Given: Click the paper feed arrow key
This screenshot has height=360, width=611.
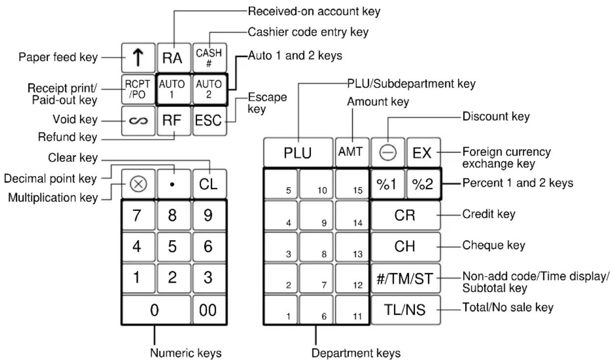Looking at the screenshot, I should (x=138, y=58).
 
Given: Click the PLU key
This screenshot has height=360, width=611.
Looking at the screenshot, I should (x=298, y=153).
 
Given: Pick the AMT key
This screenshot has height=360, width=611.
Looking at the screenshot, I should (x=352, y=153).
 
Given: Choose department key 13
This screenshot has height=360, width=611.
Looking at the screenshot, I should (x=352, y=247).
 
